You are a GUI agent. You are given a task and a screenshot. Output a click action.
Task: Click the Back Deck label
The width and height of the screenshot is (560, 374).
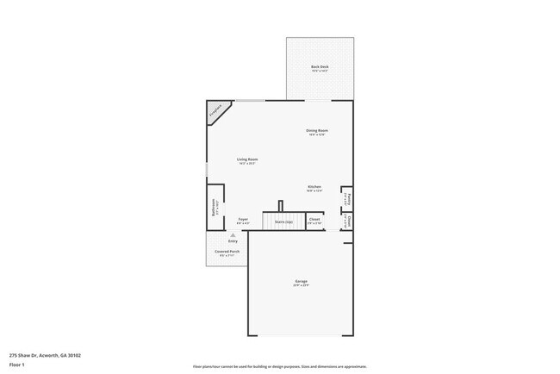pos(320,66)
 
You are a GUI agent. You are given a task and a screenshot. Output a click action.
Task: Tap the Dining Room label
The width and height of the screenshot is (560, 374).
pos(317,130)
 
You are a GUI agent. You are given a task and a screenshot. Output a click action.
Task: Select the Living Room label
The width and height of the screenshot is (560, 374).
pos(248,159)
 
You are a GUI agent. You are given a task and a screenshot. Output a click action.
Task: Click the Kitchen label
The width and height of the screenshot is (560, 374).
pos(314,187)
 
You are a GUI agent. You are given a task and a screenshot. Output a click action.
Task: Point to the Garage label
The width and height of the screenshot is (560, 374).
pos(301,281)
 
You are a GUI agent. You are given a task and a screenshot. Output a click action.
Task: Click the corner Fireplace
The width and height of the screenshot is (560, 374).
pos(215,110)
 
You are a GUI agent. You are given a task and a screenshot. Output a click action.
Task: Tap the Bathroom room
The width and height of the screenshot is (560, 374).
pos(217,208)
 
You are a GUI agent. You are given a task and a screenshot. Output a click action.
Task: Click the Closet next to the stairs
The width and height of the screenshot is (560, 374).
pos(314,220)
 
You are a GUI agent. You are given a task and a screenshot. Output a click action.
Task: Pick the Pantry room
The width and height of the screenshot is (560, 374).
pos(346,197)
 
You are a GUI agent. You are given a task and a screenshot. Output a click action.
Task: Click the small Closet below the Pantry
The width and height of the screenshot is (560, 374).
pos(346,221)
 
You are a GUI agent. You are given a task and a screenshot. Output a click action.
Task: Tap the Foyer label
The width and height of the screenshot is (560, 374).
pos(244,219)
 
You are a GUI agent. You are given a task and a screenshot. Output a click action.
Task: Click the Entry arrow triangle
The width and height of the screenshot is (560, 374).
pos(233,234)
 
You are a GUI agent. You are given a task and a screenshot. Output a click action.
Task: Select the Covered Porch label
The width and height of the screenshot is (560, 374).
pos(227,252)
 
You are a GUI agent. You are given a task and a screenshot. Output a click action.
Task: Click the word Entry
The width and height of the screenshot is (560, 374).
pos(233,241)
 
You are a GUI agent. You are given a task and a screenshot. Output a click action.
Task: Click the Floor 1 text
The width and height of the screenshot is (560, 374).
pos(16,364)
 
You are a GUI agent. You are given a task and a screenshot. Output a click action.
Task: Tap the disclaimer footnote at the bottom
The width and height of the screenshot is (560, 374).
pos(280,366)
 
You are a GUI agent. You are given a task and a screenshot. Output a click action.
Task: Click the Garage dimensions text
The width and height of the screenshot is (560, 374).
pos(301,285)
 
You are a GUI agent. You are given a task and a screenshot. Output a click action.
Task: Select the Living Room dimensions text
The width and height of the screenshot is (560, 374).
pos(248,163)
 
